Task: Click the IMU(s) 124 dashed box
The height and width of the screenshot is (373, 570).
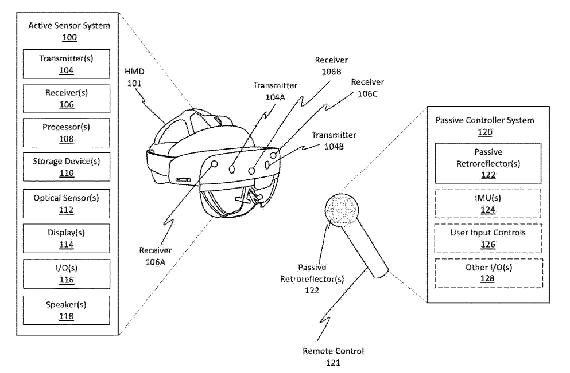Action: click(488, 203)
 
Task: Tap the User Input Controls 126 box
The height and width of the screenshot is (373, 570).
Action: click(488, 238)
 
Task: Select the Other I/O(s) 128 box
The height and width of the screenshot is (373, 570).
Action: click(488, 273)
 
